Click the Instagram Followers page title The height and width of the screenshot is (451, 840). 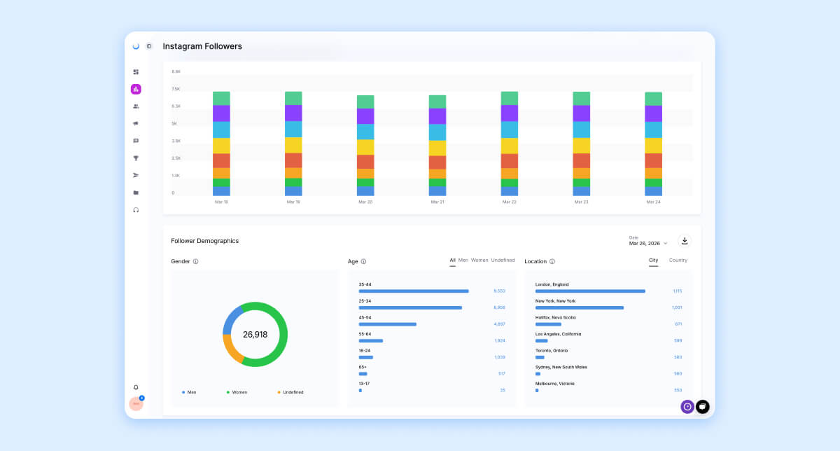[202, 46]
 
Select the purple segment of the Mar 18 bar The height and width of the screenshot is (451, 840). [221, 113]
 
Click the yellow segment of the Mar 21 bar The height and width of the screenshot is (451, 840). [437, 148]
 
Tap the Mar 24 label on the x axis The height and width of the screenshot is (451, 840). [653, 202]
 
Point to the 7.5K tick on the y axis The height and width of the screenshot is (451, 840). [176, 89]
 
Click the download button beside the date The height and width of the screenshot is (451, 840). [685, 241]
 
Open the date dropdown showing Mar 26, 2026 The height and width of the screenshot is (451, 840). [648, 243]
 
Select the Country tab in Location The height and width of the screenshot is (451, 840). [678, 261]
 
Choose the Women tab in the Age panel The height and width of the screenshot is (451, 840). [479, 261]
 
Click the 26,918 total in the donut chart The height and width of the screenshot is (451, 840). [255, 335]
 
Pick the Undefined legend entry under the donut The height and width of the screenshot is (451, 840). [293, 392]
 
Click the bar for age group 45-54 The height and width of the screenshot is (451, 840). [388, 324]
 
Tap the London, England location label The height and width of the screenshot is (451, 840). [552, 284]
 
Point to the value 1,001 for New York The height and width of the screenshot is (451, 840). [677, 307]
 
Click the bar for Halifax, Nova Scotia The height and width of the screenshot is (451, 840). [548, 324]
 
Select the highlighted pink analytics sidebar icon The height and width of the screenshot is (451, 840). [136, 89]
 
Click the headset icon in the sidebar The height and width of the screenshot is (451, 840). [136, 210]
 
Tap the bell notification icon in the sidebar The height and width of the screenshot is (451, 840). [136, 387]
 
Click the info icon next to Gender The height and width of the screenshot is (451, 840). [195, 262]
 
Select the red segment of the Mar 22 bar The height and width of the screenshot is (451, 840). [510, 161]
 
